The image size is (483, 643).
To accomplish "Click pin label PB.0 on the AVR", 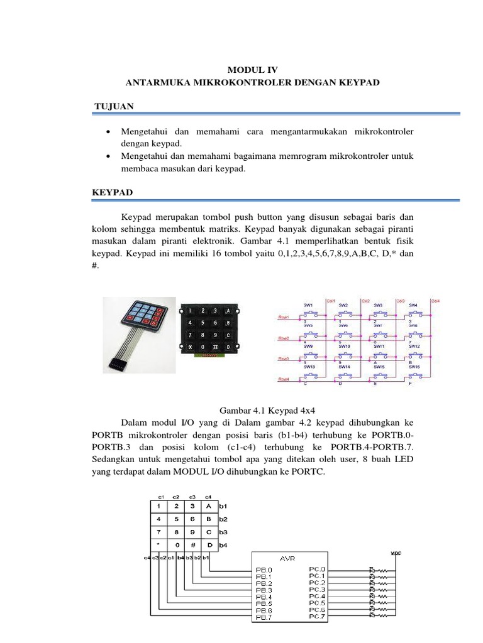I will click(x=264, y=571).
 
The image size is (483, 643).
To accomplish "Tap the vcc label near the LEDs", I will click(x=396, y=553).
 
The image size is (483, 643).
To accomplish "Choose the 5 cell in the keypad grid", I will click(x=177, y=519).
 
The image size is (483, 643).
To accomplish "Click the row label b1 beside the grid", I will click(x=223, y=505).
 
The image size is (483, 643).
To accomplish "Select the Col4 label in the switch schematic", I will click(x=435, y=300).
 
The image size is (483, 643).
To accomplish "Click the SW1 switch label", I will click(x=308, y=305).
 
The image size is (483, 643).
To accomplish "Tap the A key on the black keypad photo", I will click(x=228, y=311).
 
